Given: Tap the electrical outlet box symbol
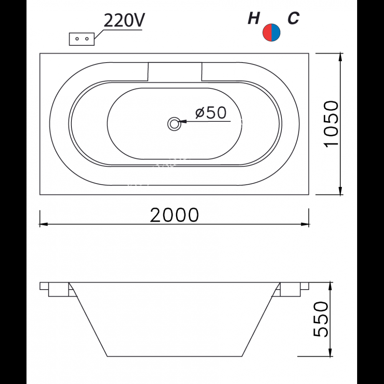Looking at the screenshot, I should (81, 39).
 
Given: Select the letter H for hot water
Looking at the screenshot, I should (253, 18).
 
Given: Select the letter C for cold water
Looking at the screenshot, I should (293, 18).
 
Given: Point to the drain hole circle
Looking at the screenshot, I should (174, 124).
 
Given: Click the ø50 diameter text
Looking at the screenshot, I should (210, 113).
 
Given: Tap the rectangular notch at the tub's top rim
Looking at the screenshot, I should (174, 72).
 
